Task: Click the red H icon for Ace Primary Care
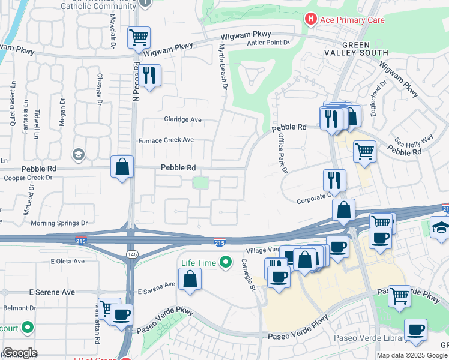[x=310, y=19]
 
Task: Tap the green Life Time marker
[x=226, y=262]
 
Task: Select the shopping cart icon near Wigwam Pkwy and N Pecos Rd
[x=139, y=38]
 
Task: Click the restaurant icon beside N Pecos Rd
[x=149, y=75]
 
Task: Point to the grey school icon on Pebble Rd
[x=77, y=155]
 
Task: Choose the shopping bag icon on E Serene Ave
[x=190, y=279]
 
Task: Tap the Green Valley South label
[x=365, y=49]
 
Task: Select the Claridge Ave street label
[x=182, y=119]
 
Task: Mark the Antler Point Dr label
[x=269, y=43]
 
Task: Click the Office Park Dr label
[x=282, y=154]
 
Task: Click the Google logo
[x=20, y=353]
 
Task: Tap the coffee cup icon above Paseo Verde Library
[x=415, y=330]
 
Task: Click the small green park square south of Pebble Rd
[x=200, y=182]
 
